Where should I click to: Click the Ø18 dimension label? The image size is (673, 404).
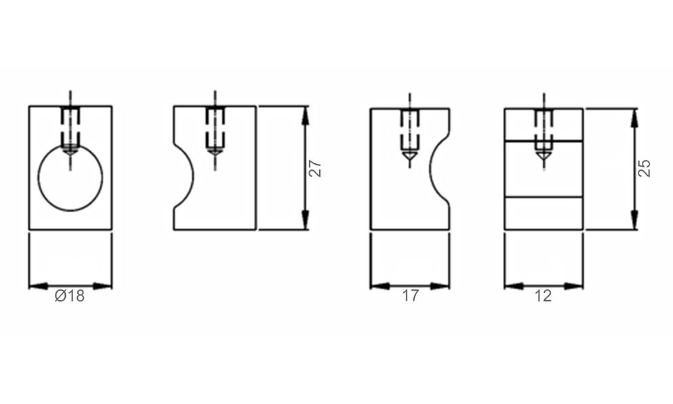(70, 296)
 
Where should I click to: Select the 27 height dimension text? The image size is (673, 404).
(315, 168)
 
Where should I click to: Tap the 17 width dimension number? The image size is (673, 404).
(410, 296)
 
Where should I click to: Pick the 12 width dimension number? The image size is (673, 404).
(544, 296)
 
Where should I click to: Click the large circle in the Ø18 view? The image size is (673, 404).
(70, 178)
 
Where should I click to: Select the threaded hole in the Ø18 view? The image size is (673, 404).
(70, 129)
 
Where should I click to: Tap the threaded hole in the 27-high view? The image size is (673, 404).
(215, 130)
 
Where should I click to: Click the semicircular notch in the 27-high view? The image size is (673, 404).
(184, 176)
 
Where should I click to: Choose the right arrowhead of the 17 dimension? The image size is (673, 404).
(442, 285)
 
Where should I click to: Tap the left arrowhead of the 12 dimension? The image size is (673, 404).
(512, 285)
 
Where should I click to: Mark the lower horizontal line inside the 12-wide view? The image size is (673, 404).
(544, 197)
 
